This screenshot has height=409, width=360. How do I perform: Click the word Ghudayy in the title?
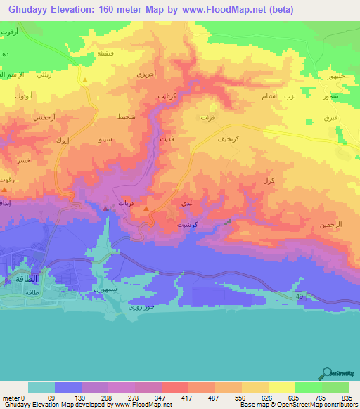pos(27,10)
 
